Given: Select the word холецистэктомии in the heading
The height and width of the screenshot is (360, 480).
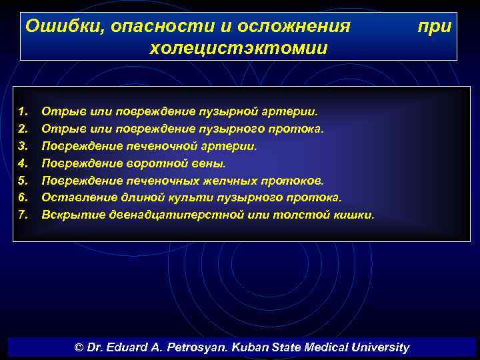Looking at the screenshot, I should point(239,48).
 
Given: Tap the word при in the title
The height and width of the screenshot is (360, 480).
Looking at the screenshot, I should point(434,27).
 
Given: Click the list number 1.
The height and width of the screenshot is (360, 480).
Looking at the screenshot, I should point(23,110).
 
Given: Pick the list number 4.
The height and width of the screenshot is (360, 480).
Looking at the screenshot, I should point(23,163).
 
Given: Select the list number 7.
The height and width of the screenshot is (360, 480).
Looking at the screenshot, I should point(23,215).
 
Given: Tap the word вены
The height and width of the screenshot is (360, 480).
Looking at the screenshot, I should point(210,163).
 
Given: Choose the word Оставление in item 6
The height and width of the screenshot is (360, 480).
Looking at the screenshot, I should point(73,197).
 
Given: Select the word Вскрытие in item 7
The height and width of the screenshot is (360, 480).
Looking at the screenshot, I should point(67,215).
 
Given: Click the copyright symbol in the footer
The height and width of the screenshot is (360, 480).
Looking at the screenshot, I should point(79,347).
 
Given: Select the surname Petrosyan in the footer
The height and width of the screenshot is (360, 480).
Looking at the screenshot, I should point(201,347).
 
